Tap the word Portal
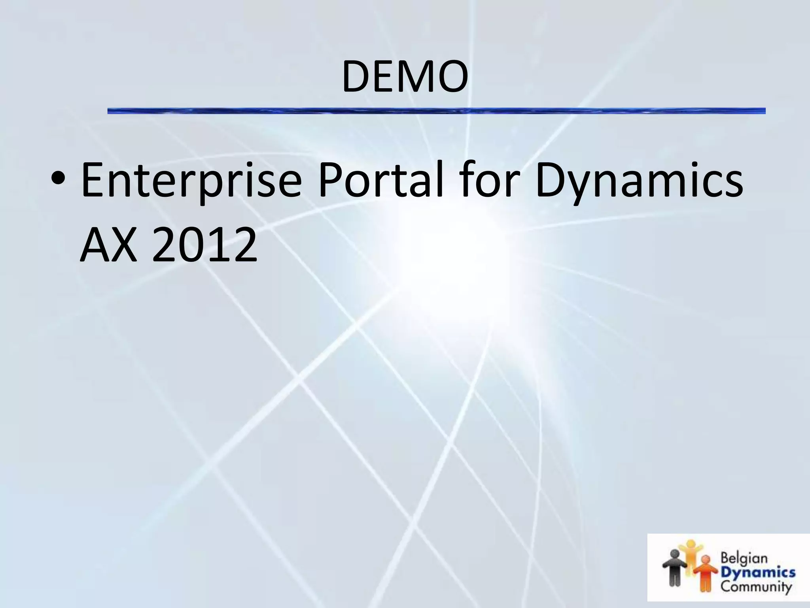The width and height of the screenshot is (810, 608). click(380, 180)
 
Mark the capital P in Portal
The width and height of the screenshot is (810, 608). click(330, 180)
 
